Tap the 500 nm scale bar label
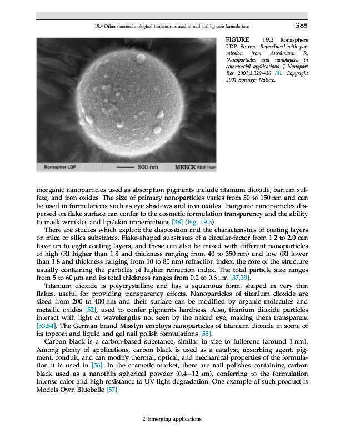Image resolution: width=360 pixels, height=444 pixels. [148, 167]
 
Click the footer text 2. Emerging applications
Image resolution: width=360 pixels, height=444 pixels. [172, 420]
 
